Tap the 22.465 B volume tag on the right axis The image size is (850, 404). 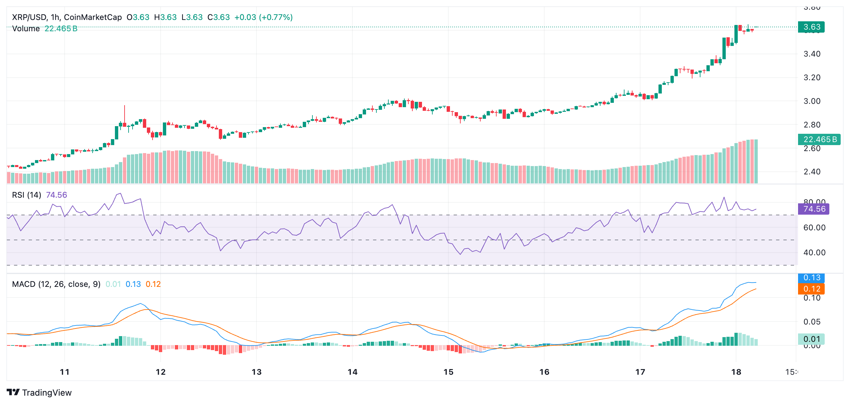click(x=819, y=139)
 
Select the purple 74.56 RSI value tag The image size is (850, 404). click(x=813, y=209)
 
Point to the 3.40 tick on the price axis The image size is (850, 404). click(x=812, y=54)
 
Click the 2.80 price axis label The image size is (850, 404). click(x=812, y=125)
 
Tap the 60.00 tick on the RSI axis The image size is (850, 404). click(x=814, y=228)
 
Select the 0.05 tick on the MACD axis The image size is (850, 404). click(x=812, y=322)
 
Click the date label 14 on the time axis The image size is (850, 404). click(x=352, y=372)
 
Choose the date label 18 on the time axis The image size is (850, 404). click(x=736, y=372)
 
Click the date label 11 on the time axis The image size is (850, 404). click(x=65, y=372)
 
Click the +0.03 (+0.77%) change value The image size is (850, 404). click(x=263, y=17)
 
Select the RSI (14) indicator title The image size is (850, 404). click(x=27, y=195)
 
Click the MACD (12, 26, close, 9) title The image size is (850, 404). click(x=56, y=284)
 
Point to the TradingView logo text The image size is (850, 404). click(x=47, y=393)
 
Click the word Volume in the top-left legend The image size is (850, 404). click(x=26, y=29)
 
